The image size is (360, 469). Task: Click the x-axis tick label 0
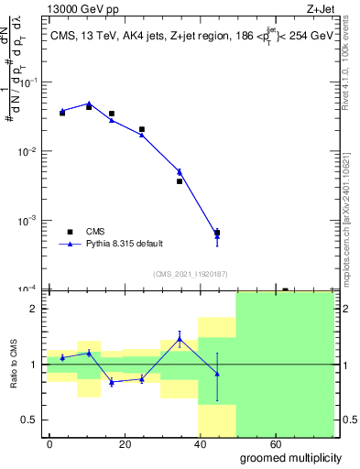49,443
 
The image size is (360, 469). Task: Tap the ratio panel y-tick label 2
33,309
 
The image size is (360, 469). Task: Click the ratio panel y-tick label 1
33,365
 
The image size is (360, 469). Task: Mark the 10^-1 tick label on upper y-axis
27,82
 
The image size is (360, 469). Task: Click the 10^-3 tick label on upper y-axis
27,221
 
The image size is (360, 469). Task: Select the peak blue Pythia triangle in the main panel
89,104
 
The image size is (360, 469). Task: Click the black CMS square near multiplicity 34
180,181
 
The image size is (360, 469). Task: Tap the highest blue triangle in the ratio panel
180,339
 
